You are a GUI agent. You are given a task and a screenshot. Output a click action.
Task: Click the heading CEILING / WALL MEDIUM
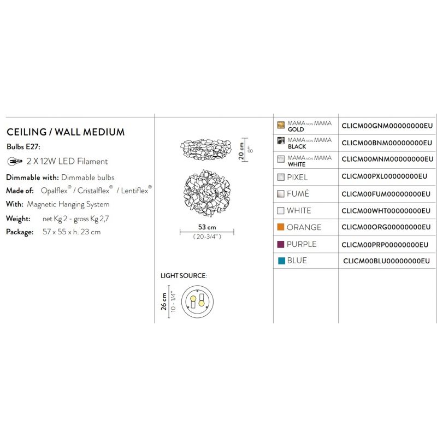(66, 132)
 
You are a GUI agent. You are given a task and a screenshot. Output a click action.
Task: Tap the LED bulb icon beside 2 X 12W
(15, 161)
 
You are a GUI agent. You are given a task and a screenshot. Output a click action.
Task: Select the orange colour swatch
(281, 227)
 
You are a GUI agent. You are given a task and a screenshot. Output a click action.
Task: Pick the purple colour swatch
(281, 244)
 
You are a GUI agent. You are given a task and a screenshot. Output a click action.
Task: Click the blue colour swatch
(281, 261)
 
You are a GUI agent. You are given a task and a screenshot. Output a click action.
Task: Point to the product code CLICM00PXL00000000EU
(385, 176)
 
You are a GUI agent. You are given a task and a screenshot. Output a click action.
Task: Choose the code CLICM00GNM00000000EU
(387, 126)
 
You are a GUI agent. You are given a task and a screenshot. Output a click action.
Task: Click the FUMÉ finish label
(298, 193)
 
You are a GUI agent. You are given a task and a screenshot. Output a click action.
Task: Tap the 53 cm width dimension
(207, 227)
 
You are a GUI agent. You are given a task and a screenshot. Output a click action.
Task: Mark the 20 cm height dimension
(241, 151)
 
